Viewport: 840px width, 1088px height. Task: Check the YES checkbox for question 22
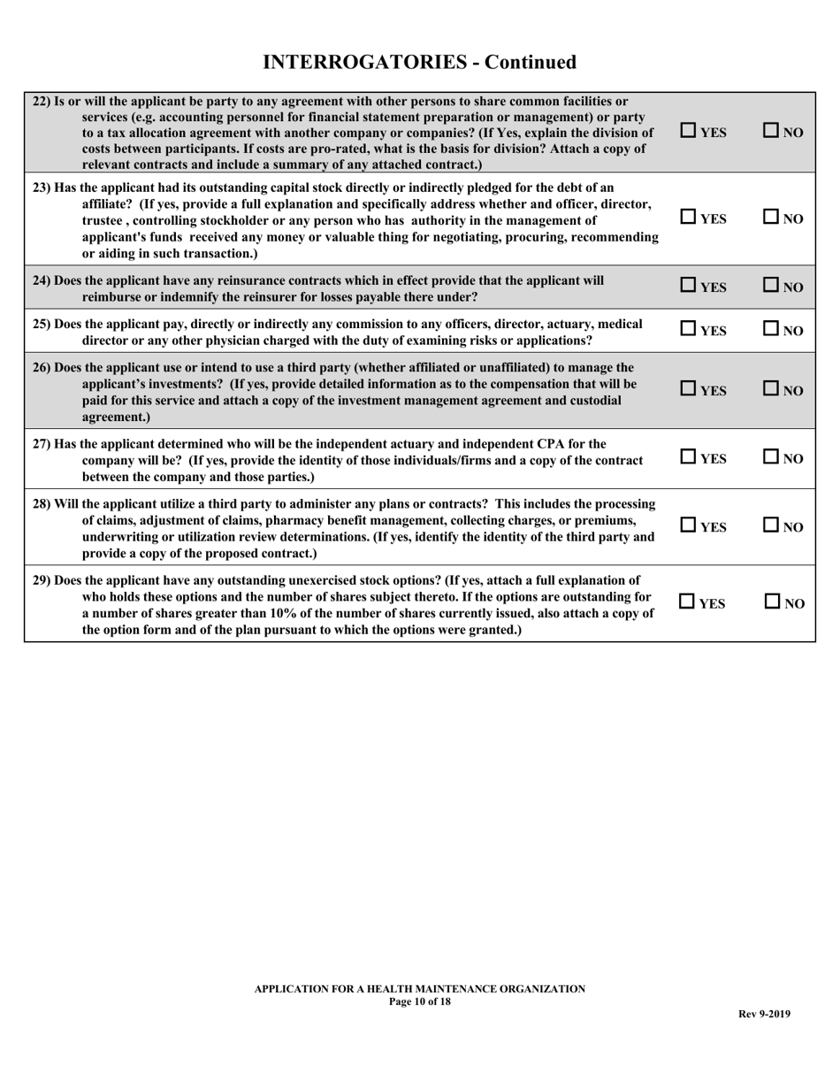click(x=689, y=131)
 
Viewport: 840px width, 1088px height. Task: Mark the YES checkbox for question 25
click(x=689, y=330)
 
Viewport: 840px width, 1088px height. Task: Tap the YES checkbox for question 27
click(x=689, y=457)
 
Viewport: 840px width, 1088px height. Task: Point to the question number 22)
click(x=42, y=101)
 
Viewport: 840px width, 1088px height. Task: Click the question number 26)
click(x=42, y=367)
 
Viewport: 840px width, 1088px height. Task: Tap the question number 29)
click(x=42, y=580)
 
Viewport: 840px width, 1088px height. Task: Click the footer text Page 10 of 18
click(x=419, y=1001)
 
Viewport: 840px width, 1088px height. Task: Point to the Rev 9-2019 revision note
click(x=764, y=1014)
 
